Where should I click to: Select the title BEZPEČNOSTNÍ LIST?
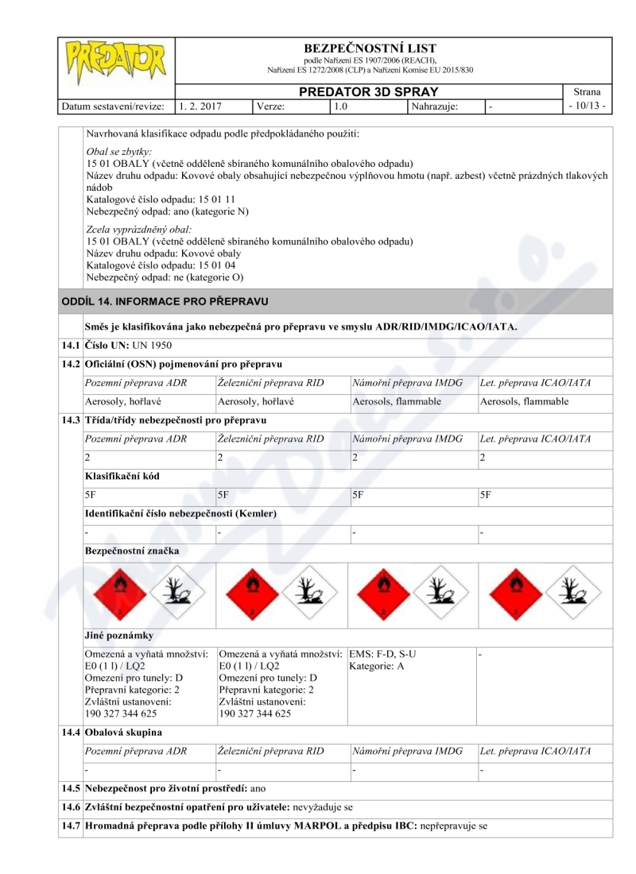point(370,48)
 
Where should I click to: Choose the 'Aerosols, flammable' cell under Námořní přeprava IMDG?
point(397,401)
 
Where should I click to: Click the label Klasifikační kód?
point(121,475)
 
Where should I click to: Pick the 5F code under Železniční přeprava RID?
point(223,494)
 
